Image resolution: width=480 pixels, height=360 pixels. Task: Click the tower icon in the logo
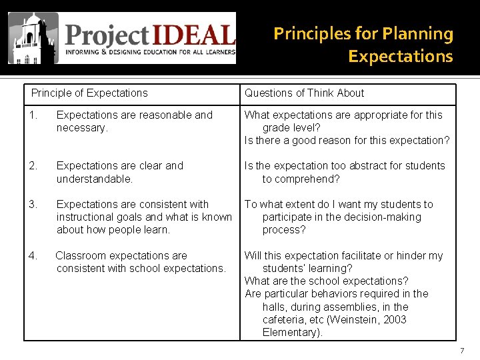click(x=33, y=38)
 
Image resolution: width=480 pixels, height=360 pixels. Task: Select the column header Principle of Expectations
click(x=89, y=93)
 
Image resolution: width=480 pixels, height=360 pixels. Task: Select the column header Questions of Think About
click(x=304, y=93)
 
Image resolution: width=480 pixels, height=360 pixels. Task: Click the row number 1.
click(x=32, y=115)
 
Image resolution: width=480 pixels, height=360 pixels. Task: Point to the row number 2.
click(x=32, y=165)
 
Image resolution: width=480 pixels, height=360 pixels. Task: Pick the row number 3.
click(x=32, y=204)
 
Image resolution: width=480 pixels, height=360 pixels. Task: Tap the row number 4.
click(x=32, y=255)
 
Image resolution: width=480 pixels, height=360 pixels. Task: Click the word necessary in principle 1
click(x=81, y=128)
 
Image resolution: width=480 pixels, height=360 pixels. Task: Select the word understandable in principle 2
click(x=94, y=179)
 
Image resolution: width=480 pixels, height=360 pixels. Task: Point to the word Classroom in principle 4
click(x=80, y=255)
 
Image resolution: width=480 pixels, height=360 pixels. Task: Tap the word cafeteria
click(x=288, y=320)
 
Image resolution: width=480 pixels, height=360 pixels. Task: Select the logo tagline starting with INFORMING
click(x=150, y=52)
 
